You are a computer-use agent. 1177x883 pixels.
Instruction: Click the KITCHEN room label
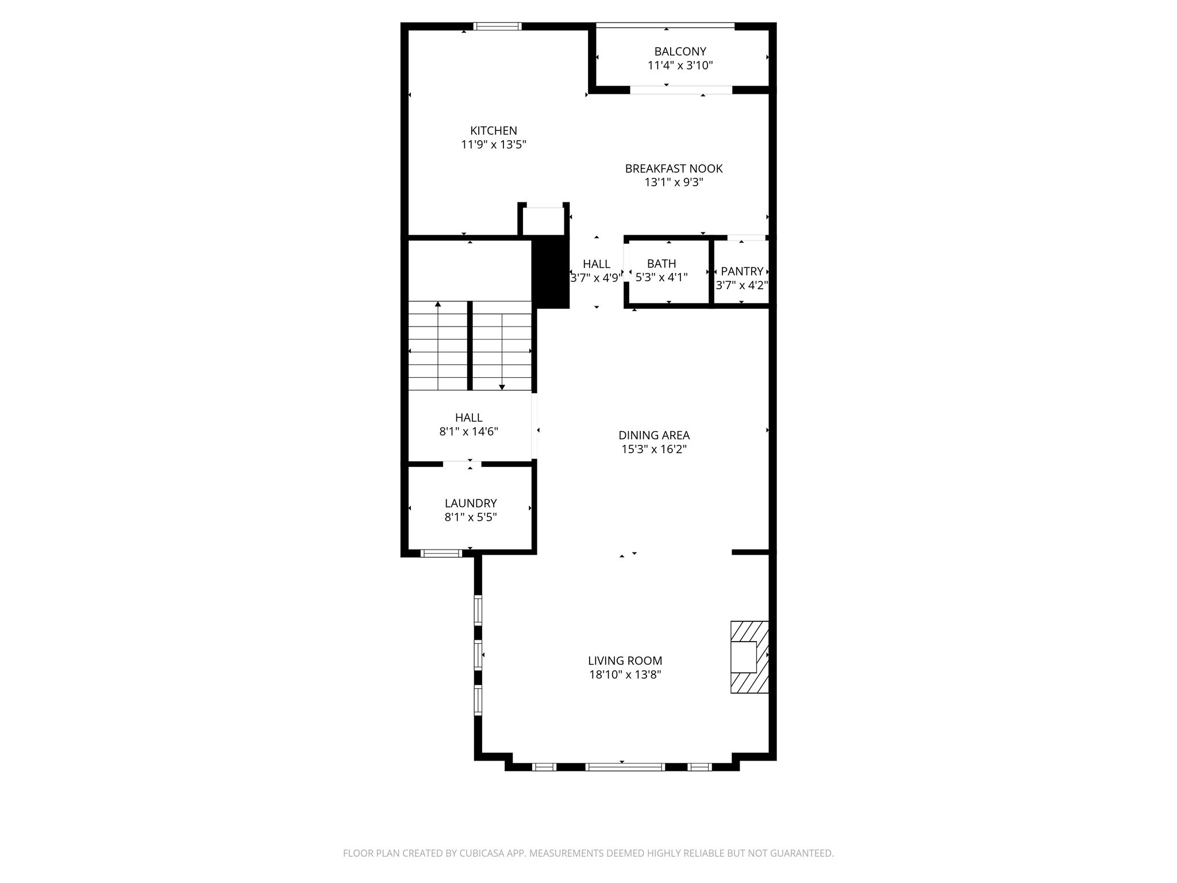pos(493,130)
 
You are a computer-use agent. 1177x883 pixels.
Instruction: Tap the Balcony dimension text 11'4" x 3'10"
pos(680,66)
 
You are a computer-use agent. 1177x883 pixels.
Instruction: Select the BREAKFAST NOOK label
pos(674,168)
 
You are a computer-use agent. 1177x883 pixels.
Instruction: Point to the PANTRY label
pos(741,271)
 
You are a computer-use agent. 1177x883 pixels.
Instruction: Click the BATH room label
pos(661,263)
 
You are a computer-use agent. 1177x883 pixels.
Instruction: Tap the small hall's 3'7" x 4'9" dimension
pos(596,278)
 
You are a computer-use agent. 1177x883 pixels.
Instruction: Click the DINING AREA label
pos(653,435)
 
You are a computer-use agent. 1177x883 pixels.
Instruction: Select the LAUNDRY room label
pos(470,503)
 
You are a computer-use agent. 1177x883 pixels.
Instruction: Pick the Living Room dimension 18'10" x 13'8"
pos(625,674)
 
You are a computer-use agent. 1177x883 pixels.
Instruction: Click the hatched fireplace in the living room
pos(749,657)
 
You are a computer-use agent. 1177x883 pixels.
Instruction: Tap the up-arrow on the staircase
pos(438,304)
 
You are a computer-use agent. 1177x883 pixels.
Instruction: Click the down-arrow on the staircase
pos(502,387)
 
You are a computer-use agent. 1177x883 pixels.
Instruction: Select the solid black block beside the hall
pos(551,273)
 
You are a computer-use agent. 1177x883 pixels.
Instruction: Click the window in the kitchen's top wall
pos(497,26)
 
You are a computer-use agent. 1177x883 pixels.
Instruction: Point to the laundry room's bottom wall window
pos(441,554)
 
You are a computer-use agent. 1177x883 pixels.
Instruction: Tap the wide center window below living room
pos(625,766)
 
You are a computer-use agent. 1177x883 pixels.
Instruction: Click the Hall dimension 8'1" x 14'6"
pos(468,432)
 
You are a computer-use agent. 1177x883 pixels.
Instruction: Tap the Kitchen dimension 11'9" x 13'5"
pos(493,144)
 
